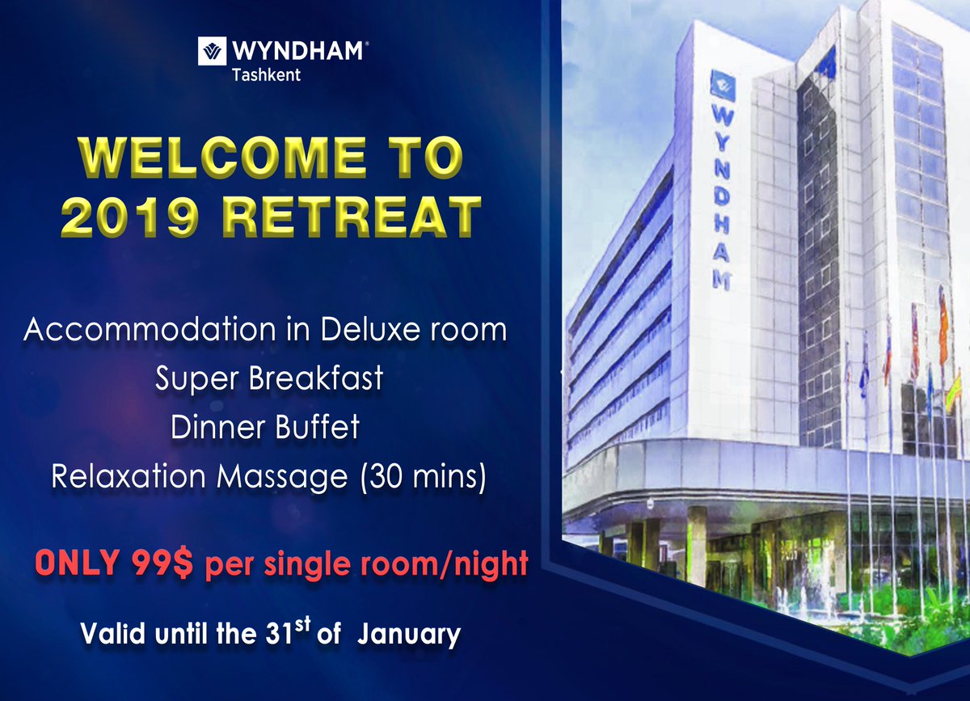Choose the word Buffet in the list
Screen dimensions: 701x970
click(x=317, y=428)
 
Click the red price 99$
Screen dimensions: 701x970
click(x=160, y=564)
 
